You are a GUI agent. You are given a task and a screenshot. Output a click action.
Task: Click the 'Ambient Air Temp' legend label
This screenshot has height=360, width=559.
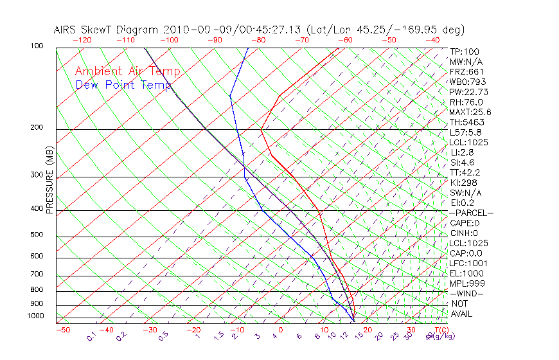point(127,71)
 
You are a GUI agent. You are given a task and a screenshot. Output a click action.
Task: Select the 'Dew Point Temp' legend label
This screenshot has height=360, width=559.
point(123,85)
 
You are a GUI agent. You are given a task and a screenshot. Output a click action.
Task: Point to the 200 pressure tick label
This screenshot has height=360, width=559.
point(37,127)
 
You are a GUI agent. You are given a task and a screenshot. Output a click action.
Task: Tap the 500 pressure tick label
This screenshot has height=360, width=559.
point(37,235)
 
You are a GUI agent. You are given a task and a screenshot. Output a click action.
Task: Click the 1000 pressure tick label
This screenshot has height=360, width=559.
point(35,316)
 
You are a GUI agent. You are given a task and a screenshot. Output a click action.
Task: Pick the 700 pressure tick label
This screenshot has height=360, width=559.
point(37,274)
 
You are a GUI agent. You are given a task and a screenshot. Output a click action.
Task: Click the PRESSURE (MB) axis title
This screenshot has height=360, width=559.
point(50,182)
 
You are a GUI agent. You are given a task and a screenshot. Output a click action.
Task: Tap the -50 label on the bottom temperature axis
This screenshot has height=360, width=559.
point(62,330)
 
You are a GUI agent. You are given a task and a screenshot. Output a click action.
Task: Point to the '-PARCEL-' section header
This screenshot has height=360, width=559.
point(471,213)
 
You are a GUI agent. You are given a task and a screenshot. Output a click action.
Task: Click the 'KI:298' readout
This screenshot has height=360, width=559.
point(463,183)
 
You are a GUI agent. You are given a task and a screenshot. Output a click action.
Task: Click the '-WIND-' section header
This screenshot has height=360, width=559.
point(466,294)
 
